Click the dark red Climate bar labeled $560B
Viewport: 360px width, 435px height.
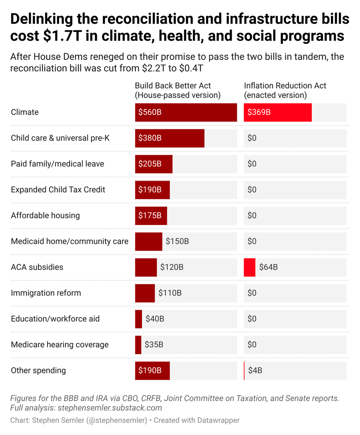186,112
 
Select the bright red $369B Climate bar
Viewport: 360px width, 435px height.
278,112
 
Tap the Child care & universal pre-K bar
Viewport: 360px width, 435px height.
169,138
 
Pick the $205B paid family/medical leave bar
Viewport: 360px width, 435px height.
154,164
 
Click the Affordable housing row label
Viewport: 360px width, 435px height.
45,215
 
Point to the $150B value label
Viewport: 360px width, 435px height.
177,241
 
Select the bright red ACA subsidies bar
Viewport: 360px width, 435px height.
250,267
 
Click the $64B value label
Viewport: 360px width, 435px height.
268,267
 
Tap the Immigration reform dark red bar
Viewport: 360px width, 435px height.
145,293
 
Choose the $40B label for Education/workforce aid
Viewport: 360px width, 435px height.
155,319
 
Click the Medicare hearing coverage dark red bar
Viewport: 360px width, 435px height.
138,345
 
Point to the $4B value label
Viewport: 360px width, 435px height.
255,370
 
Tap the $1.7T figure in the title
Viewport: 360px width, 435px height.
62,36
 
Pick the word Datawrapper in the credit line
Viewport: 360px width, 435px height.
218,420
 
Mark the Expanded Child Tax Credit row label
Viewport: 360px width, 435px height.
58,190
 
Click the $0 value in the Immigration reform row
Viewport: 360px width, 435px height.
252,293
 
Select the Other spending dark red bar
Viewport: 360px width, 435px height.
152,370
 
